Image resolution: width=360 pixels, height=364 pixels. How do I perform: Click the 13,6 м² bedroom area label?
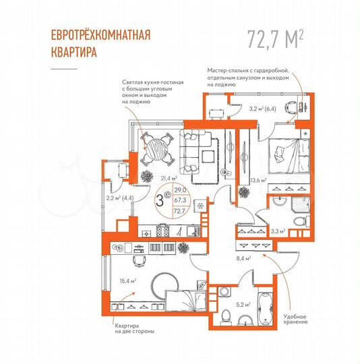(x=258, y=181)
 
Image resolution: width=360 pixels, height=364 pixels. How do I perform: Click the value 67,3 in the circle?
(x=180, y=200)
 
